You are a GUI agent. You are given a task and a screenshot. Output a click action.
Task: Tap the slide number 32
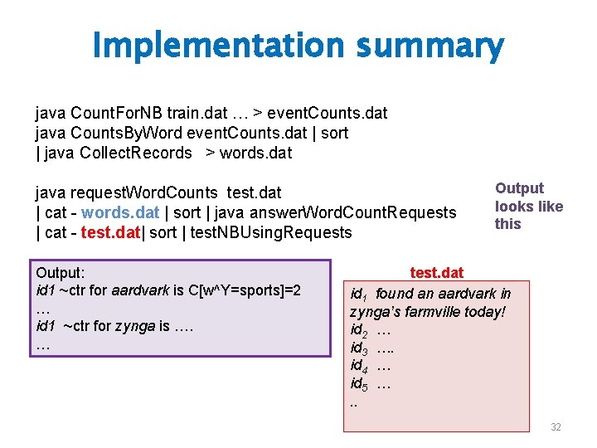click(x=556, y=426)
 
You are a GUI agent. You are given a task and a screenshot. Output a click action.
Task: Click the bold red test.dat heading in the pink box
click(x=437, y=273)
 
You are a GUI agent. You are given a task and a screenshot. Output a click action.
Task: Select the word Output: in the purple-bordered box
click(x=61, y=272)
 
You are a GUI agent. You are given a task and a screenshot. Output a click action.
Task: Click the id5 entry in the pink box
click(x=360, y=384)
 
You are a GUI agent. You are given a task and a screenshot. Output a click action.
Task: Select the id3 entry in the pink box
click(x=360, y=348)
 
